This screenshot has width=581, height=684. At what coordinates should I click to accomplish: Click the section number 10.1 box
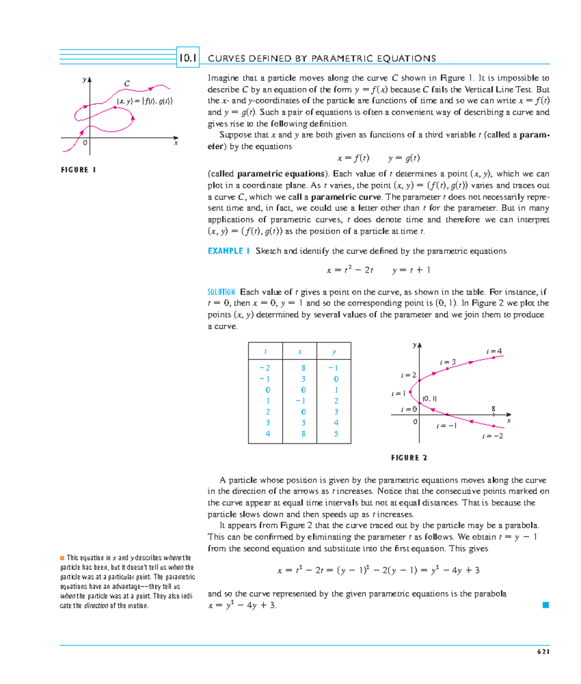pos(188,58)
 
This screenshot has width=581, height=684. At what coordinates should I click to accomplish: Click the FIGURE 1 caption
pos(78,170)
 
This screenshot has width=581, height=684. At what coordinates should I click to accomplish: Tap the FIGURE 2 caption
pos(409,458)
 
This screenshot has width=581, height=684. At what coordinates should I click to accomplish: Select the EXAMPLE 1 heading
pos(229,251)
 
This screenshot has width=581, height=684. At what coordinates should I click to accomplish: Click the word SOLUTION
pos(221,292)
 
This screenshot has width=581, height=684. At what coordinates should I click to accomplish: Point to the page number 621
pos(543,652)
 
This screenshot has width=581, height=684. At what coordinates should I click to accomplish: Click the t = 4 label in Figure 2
pos(494,351)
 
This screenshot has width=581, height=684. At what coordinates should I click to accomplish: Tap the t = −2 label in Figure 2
pos(492,436)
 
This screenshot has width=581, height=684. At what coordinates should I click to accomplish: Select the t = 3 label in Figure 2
pos(448,362)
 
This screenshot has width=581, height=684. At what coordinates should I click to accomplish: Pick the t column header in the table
pos(265,352)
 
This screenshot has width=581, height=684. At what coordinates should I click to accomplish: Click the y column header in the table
pos(334,352)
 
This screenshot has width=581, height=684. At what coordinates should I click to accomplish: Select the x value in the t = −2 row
pos(303,368)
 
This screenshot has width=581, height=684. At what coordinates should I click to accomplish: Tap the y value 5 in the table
pos(336,434)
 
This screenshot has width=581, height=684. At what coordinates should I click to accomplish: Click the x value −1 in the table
pos(301,401)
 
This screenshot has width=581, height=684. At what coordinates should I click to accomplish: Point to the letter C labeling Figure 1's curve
pos(127,84)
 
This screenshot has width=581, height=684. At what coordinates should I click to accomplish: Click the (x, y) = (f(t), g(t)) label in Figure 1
pos(144,101)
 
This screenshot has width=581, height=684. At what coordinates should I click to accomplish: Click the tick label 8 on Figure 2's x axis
pos(493,409)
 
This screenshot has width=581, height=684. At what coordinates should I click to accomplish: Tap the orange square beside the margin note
pos(62,558)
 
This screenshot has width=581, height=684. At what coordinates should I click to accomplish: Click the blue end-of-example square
pos(546,605)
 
